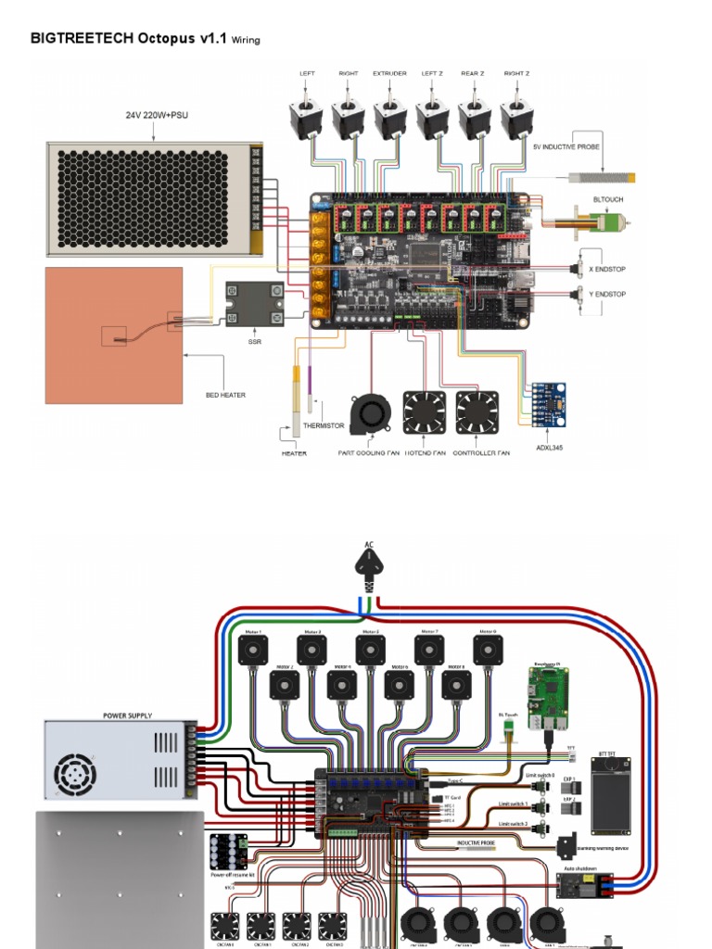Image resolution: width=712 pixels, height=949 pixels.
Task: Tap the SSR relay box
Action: click(255, 303)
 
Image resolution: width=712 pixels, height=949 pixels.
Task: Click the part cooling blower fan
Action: click(371, 414)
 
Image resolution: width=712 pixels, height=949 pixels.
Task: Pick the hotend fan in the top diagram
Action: click(424, 411)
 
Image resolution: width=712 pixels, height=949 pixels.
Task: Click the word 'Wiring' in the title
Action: click(246, 40)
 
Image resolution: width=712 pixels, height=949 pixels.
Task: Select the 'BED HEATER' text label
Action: click(225, 395)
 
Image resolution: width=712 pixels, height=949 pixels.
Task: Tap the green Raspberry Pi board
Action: click(548, 697)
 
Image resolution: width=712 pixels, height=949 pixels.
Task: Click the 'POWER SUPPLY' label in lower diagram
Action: click(127, 715)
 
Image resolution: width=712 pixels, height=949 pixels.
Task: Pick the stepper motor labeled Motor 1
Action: click(254, 650)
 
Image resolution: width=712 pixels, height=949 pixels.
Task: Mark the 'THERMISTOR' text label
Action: click(323, 426)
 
